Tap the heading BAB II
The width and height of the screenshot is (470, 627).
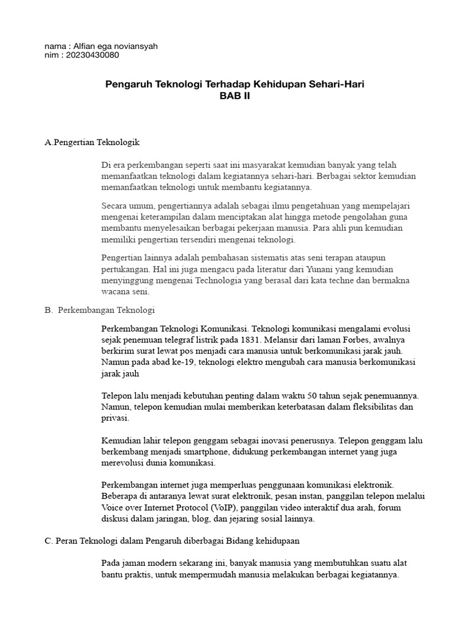coord(235,96)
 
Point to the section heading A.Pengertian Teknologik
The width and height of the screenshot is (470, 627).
coord(92,142)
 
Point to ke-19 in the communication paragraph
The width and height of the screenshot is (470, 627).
coord(171,362)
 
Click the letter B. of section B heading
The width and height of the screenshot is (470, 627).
coord(49,310)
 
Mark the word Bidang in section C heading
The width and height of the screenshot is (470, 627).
coord(236,541)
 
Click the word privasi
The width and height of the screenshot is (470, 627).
coord(115,419)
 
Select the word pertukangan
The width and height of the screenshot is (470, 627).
coord(124,269)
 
